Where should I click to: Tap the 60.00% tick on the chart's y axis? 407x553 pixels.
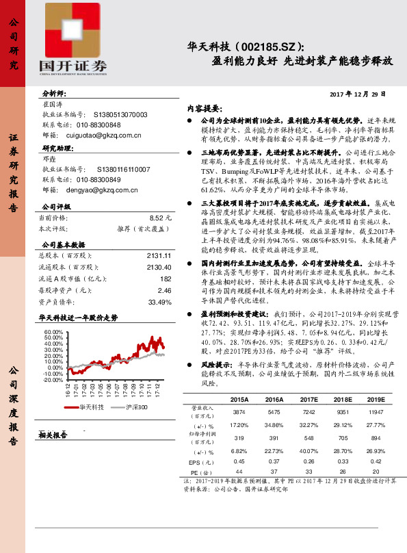(53, 331)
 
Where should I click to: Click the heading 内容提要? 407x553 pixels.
(204, 108)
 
